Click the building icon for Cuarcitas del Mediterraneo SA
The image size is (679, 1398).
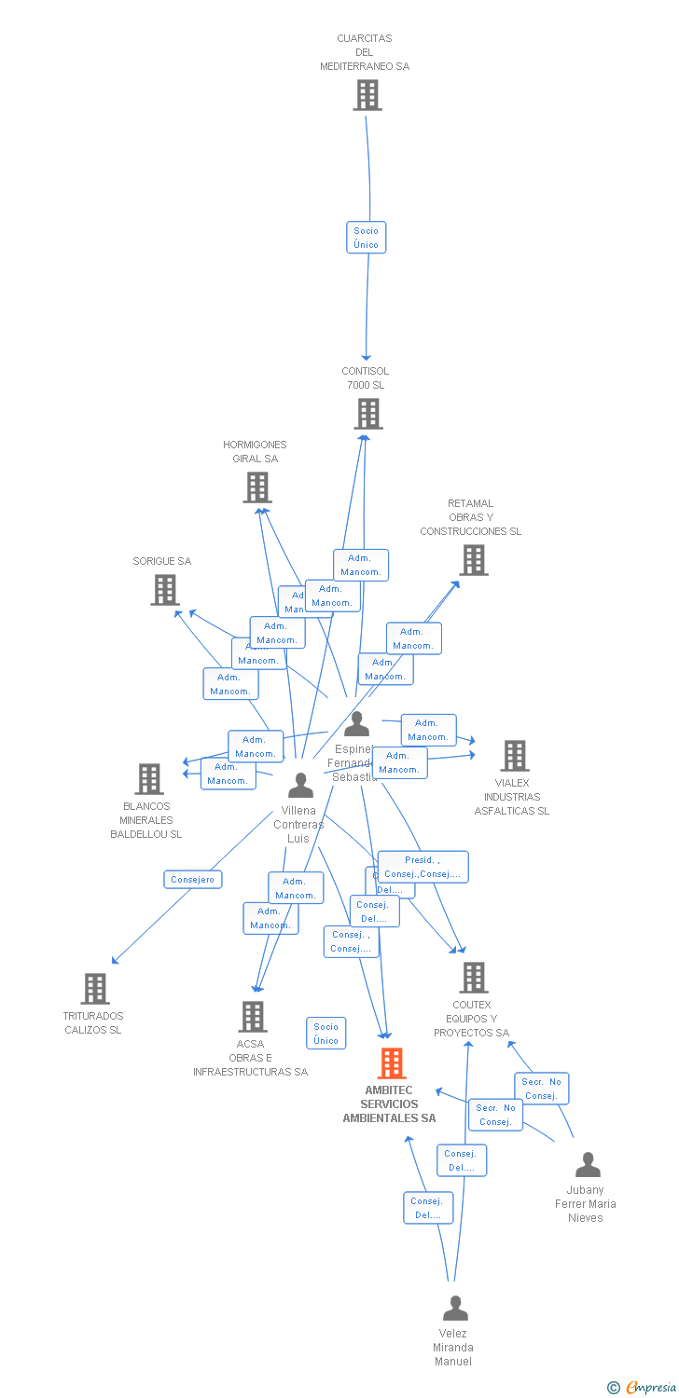(367, 95)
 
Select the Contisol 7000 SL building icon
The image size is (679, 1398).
(368, 414)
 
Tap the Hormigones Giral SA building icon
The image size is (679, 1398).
(257, 487)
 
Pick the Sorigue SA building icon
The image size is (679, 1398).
(165, 590)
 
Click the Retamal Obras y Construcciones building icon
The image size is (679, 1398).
(474, 560)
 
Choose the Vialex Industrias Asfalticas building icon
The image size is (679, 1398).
(514, 756)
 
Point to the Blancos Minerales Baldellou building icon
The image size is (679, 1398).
(149, 779)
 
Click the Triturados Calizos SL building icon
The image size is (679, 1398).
(95, 989)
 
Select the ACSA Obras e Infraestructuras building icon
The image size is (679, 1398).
(253, 1017)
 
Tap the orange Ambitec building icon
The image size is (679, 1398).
(392, 1063)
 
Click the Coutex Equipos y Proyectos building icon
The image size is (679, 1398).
(474, 978)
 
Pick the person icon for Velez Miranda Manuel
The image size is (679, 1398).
(455, 1309)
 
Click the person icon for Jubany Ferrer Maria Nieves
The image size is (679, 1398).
(588, 1165)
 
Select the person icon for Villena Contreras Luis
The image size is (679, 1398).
(300, 786)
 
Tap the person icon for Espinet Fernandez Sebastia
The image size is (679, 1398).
(356, 724)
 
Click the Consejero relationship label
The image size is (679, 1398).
(193, 879)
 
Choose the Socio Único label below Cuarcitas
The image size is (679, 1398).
(367, 238)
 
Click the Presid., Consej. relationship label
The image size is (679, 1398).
(423, 867)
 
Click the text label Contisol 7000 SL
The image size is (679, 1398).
(365, 378)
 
